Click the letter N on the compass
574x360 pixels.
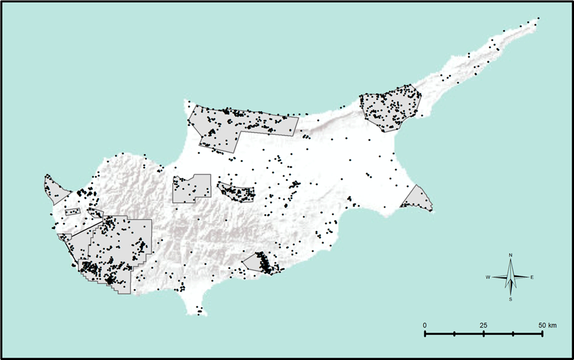pyautogui.click(x=511, y=255)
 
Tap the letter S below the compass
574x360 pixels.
pyautogui.click(x=511, y=299)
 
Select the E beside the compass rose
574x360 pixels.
pyautogui.click(x=532, y=277)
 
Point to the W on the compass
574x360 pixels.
pyautogui.click(x=488, y=277)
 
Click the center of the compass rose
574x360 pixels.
pyautogui.click(x=511, y=277)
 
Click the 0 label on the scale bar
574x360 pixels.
pyautogui.click(x=425, y=325)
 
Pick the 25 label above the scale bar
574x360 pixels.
pyautogui.click(x=484, y=325)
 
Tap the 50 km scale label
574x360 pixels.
pyautogui.click(x=546, y=325)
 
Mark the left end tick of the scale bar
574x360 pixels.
pyautogui.click(x=425, y=333)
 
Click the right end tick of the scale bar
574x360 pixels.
pyautogui.click(x=542, y=333)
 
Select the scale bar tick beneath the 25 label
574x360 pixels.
pyautogui.click(x=484, y=333)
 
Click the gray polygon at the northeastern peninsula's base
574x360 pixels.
pyautogui.click(x=390, y=109)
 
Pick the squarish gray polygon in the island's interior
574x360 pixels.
pyautogui.click(x=191, y=189)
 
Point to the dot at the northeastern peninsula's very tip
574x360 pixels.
pyautogui.click(x=538, y=19)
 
